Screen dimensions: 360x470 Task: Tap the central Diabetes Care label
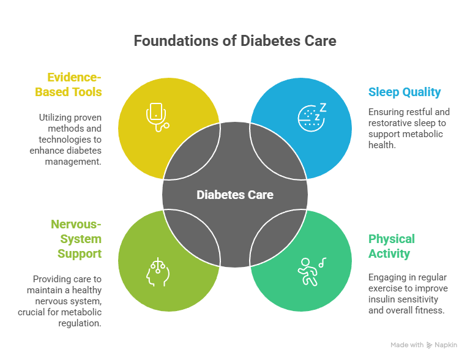pyautogui.click(x=235, y=195)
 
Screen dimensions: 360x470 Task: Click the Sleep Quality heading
pyautogui.click(x=404, y=92)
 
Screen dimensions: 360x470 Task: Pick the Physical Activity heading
pyautogui.click(x=392, y=246)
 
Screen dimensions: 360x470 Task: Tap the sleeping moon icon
pyautogui.click(x=311, y=116)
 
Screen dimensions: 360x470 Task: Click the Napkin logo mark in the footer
pyautogui.click(x=429, y=345)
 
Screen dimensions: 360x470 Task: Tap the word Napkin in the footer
pyautogui.click(x=446, y=345)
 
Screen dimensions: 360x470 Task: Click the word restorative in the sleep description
pyautogui.click(x=389, y=123)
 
